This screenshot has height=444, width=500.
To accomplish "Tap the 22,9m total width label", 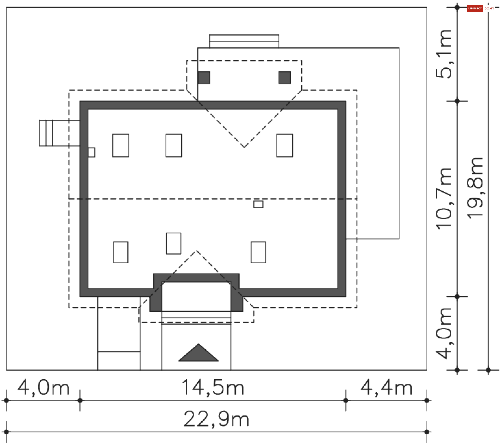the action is [x=216, y=419].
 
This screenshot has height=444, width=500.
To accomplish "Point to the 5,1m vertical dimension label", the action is [x=444, y=54].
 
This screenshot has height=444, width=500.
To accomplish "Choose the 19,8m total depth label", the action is [x=475, y=188].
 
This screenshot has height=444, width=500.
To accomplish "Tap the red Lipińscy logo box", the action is [x=475, y=9].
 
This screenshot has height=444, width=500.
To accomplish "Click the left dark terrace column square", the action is [x=204, y=78].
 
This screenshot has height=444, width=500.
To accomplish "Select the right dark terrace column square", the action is [x=285, y=78].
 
